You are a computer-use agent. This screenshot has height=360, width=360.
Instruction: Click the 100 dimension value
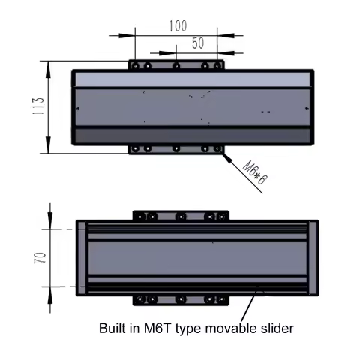(x=178, y=25)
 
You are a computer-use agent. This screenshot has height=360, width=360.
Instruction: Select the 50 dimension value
(x=197, y=43)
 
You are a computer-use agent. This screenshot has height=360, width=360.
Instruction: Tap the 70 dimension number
(x=40, y=258)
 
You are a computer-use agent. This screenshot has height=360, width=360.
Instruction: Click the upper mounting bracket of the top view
(x=176, y=66)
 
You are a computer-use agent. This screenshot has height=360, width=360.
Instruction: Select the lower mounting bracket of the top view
(x=176, y=149)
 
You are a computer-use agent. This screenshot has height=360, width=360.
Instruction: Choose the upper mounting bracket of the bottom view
(x=180, y=217)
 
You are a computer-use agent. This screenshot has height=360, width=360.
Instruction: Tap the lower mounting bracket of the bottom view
(x=180, y=300)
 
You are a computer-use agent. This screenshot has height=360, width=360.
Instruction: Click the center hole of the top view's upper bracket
(x=176, y=66)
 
